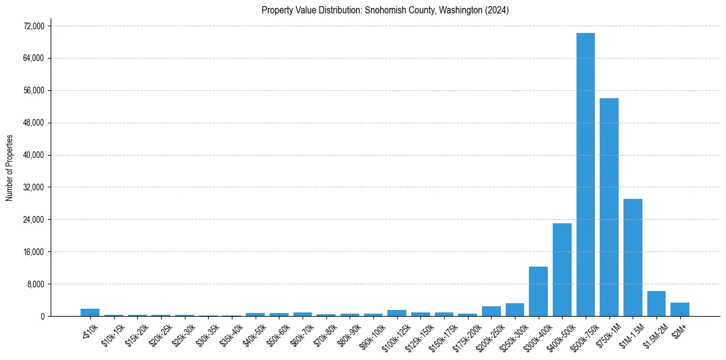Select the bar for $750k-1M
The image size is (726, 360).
(x=609, y=207)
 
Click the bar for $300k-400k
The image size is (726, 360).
(x=538, y=292)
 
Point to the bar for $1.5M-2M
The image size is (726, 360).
(x=656, y=304)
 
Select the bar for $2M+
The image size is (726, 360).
(x=680, y=309)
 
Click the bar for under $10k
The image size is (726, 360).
(x=90, y=312)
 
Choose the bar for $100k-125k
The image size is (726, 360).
(x=397, y=313)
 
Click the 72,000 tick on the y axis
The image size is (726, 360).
(x=33, y=26)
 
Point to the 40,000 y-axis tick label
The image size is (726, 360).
(x=33, y=155)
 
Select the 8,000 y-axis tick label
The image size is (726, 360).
(x=35, y=284)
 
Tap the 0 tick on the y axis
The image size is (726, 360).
(x=42, y=317)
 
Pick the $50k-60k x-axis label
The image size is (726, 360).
(x=278, y=335)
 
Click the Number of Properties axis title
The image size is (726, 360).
(x=9, y=168)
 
